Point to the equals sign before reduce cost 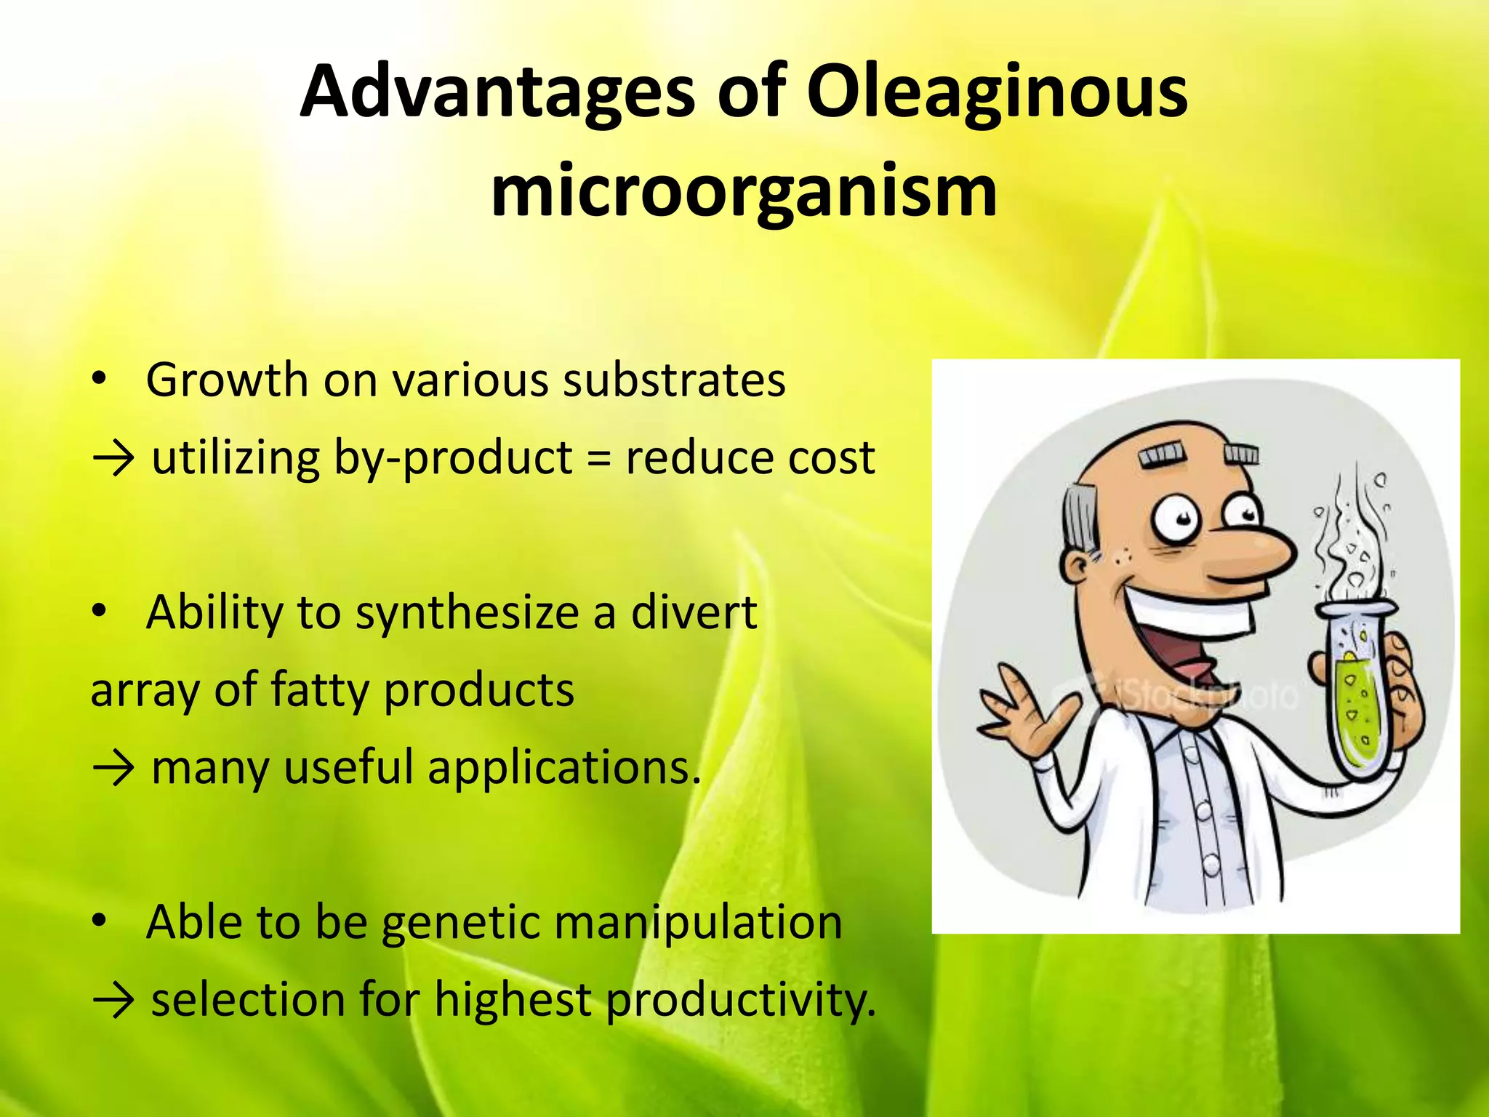598,459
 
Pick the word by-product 452,459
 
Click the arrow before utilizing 113,460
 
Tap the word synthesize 466,613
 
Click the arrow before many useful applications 113,769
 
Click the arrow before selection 113,1001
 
